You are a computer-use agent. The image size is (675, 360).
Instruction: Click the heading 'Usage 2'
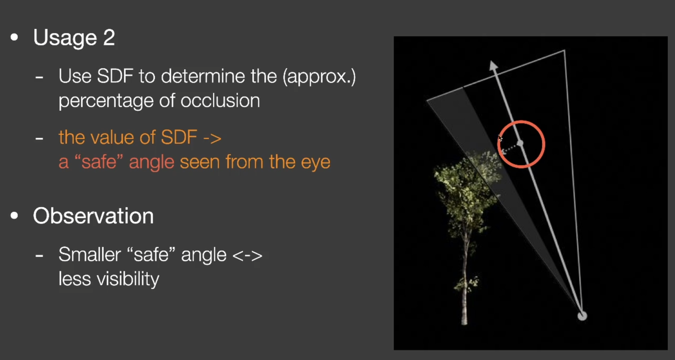click(x=74, y=38)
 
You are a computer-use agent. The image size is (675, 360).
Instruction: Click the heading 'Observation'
click(x=93, y=216)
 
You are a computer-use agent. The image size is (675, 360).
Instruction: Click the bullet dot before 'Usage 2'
click(x=15, y=38)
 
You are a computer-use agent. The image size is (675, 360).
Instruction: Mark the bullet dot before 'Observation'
click(x=15, y=216)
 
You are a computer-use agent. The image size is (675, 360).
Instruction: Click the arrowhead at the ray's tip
click(x=493, y=65)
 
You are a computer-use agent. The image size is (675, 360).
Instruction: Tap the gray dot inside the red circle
click(x=520, y=143)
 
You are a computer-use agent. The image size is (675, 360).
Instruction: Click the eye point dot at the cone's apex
click(x=582, y=315)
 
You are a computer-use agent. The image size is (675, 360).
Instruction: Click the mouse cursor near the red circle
click(x=500, y=138)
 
